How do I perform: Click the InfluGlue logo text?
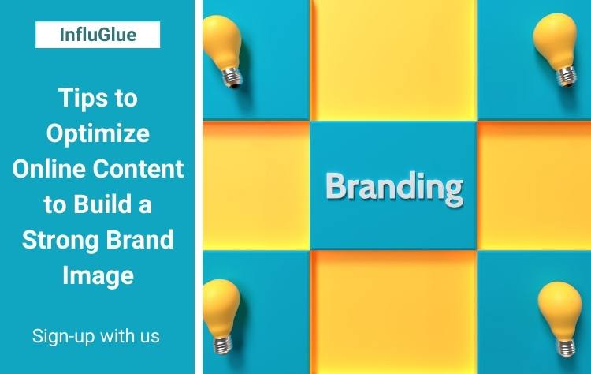click(x=98, y=35)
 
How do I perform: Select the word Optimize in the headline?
click(x=98, y=134)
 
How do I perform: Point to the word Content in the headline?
click(x=139, y=168)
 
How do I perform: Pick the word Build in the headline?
click(x=102, y=204)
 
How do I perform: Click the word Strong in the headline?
click(x=61, y=241)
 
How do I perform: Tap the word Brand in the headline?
click(x=139, y=239)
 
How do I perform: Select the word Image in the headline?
click(x=98, y=275)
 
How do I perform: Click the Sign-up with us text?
click(x=95, y=336)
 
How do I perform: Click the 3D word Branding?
click(x=394, y=188)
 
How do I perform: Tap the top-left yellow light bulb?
click(x=223, y=51)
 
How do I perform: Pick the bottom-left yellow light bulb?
click(x=221, y=316)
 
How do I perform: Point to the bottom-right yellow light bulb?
click(x=560, y=318)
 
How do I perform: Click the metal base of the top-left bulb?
click(x=232, y=77)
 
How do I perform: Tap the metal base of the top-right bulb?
click(x=567, y=76)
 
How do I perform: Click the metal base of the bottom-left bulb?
click(x=223, y=344)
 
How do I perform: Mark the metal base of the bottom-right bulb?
click(x=566, y=347)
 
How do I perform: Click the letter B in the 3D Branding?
click(x=336, y=185)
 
